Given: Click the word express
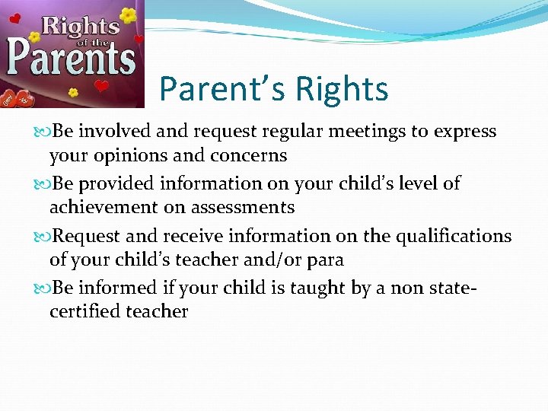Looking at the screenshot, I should [464, 132].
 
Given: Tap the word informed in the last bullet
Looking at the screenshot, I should [126, 287].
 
